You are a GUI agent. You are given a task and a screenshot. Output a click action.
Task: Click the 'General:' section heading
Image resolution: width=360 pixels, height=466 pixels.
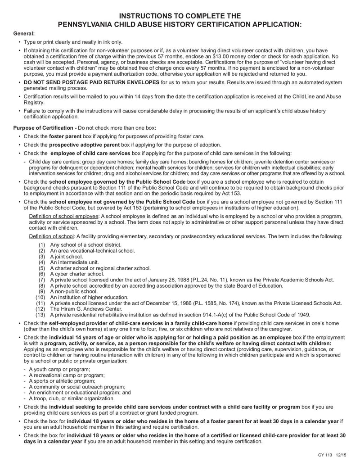(x=24, y=33)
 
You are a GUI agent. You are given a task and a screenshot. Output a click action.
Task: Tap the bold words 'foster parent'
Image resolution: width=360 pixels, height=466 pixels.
(x=65, y=136)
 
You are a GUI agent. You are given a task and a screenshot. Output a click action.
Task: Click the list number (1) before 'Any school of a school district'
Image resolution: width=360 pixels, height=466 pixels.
(x=42, y=244)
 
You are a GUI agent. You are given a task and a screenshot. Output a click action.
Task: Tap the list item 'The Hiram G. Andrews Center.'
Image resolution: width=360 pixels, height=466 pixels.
(x=86, y=309)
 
